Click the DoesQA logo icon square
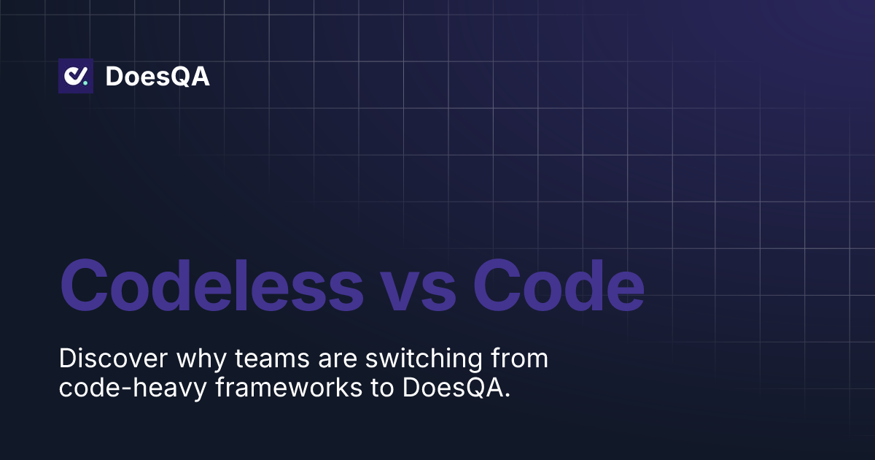click(x=76, y=76)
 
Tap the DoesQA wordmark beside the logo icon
click(x=157, y=77)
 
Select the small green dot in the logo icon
click(x=85, y=83)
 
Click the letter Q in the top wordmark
click(x=179, y=77)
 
